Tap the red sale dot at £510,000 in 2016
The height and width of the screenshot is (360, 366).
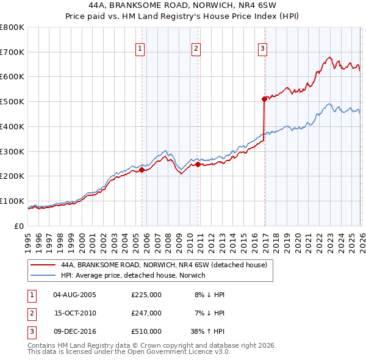264,98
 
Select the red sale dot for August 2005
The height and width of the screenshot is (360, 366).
142,170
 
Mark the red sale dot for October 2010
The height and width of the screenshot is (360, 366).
198,164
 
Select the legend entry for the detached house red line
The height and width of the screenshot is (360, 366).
163,265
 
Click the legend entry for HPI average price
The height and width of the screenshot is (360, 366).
133,276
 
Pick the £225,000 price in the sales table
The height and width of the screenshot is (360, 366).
146,295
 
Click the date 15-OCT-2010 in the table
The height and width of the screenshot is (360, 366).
75,313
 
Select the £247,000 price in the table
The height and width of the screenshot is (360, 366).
146,313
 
